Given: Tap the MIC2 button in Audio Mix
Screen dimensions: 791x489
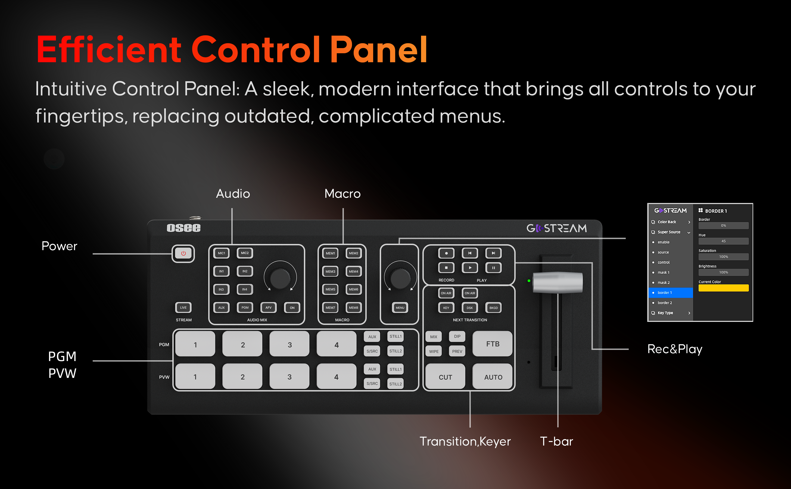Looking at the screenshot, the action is (x=245, y=253).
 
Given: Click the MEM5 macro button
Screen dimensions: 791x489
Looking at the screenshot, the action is (x=330, y=289).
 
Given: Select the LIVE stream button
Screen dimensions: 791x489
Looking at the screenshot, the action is (x=183, y=307).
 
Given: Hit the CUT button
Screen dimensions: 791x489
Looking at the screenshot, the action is (x=445, y=377).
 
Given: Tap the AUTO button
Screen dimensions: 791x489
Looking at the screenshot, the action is (x=493, y=377).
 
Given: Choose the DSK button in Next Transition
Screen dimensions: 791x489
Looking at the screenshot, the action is (x=469, y=308).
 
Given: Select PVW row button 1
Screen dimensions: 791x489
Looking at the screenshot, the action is (x=195, y=377).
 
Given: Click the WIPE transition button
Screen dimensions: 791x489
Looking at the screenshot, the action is (x=434, y=351).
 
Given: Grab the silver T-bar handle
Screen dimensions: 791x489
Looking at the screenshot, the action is (x=558, y=282).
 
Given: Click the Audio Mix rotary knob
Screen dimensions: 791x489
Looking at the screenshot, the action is (x=280, y=278).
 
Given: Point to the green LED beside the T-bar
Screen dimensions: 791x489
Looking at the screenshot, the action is (x=529, y=281).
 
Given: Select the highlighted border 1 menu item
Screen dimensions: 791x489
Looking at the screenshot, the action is (x=671, y=293).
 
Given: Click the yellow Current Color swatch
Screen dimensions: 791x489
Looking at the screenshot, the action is (x=723, y=288).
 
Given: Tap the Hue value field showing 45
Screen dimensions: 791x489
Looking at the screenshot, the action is (x=723, y=241).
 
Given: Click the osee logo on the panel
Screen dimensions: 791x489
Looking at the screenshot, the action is (x=183, y=228).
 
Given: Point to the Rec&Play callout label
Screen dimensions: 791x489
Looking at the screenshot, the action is (x=675, y=349).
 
